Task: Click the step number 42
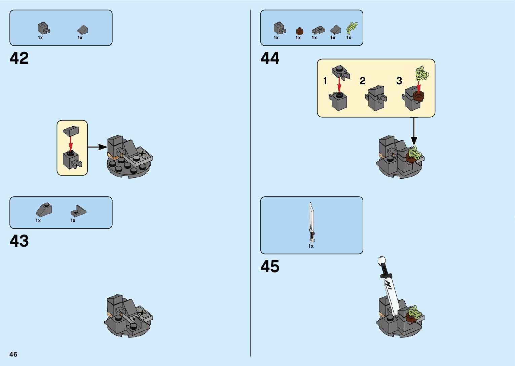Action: pyautogui.click(x=19, y=58)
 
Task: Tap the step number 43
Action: pyautogui.click(x=19, y=241)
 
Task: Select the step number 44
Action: pyautogui.click(x=270, y=58)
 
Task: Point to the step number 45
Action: pyautogui.click(x=270, y=267)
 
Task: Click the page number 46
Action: pyautogui.click(x=13, y=354)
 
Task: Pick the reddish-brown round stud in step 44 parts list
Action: pyautogui.click(x=299, y=31)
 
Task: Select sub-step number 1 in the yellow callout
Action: pyautogui.click(x=325, y=81)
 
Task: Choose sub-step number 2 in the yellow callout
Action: pyautogui.click(x=362, y=81)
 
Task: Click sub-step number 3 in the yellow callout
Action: pyautogui.click(x=399, y=81)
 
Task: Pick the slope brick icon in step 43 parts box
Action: pyautogui.click(x=44, y=210)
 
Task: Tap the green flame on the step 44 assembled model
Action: pyautogui.click(x=414, y=152)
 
